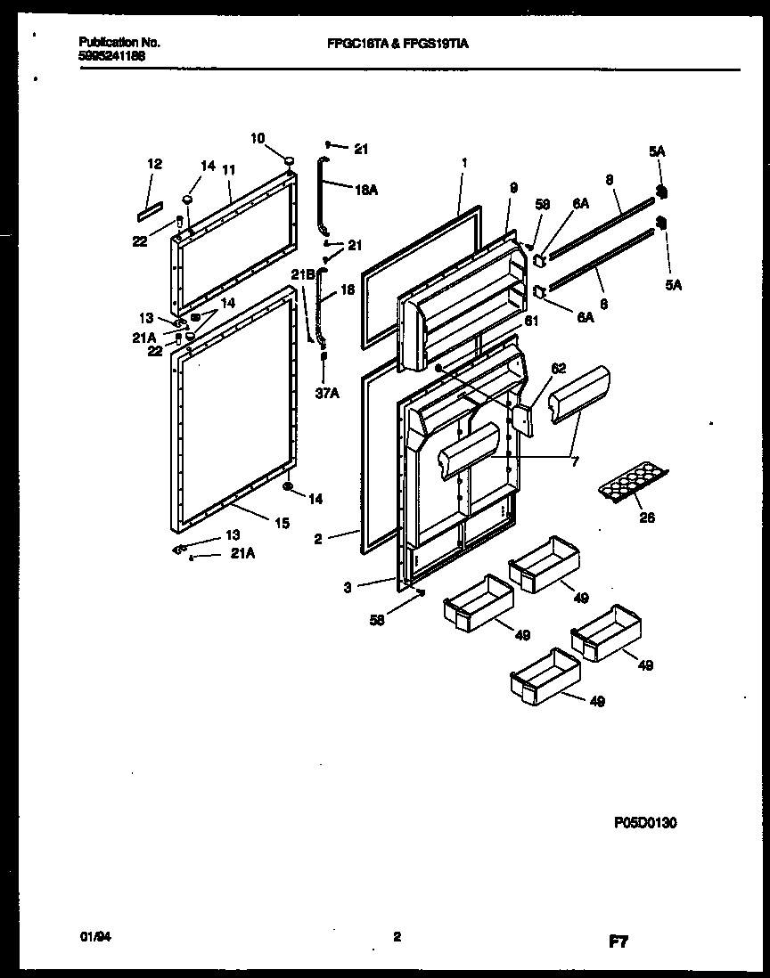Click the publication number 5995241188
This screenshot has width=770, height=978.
click(112, 55)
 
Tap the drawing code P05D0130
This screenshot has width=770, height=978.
click(645, 824)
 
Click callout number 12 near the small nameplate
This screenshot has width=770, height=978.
click(154, 164)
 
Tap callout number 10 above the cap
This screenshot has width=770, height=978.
click(258, 138)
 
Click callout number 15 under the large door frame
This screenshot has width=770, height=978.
click(282, 525)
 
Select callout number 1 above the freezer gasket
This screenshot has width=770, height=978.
click(464, 164)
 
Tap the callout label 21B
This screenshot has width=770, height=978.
click(305, 276)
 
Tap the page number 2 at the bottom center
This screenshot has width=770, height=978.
click(397, 936)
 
